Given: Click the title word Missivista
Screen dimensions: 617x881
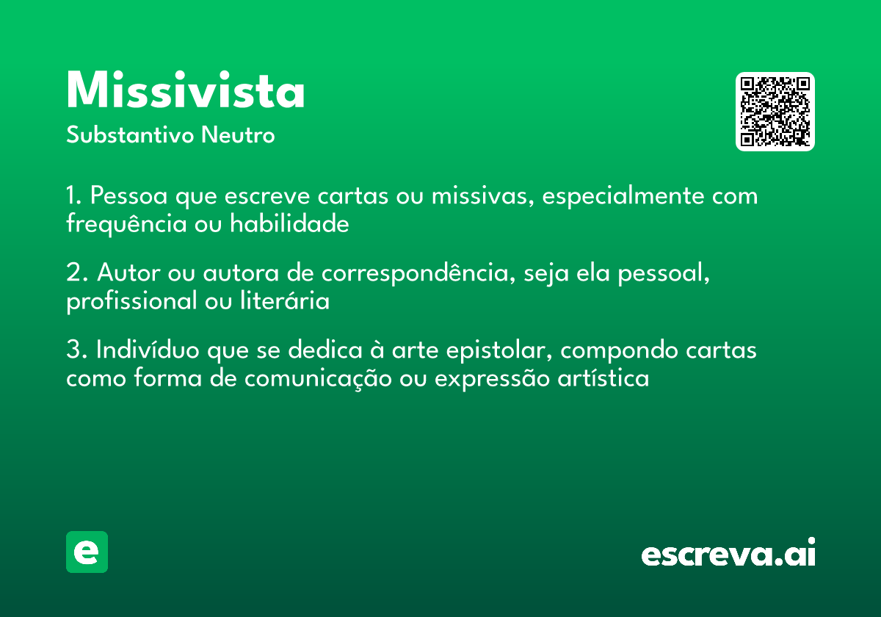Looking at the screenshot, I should tap(185, 92).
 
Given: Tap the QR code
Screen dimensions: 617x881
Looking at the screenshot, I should tap(775, 112).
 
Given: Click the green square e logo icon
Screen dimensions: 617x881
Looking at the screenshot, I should tap(87, 552).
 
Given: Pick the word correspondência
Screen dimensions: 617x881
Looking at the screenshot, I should tap(413, 275).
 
